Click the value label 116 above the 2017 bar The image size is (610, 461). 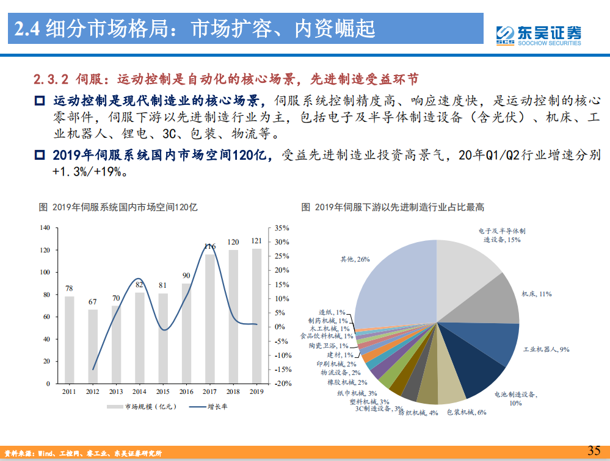click(209, 246)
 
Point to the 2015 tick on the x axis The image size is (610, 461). click(163, 391)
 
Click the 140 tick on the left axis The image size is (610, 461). click(45, 227)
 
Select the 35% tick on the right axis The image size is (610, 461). click(281, 227)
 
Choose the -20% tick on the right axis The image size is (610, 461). click(281, 384)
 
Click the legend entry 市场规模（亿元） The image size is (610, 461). click(140, 407)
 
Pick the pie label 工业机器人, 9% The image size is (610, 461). click(546, 349)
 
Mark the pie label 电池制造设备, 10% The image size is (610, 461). click(516, 398)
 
